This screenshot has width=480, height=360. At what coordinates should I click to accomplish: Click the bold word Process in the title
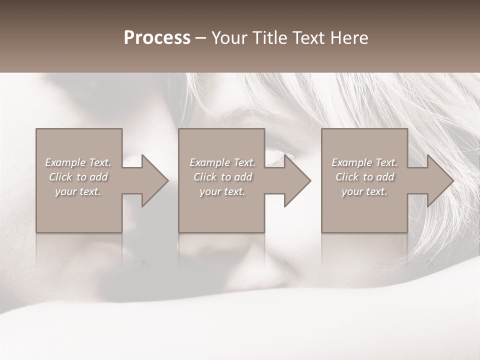pos(157,38)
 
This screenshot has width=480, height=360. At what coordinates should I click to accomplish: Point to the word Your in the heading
pos(229,38)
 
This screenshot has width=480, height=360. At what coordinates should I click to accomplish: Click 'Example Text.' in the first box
pos(78,162)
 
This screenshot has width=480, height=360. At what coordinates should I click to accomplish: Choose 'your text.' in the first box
pos(78,191)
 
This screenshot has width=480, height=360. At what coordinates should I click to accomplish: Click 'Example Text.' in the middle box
pos(222,162)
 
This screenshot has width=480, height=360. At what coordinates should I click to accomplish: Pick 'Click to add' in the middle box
pos(222,177)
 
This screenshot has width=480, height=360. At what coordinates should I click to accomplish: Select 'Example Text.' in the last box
pos(364,162)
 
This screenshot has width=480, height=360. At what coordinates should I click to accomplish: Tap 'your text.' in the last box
pos(364,191)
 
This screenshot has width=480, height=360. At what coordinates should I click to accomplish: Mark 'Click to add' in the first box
pos(78,177)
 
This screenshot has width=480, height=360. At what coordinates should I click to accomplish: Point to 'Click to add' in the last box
pos(364,177)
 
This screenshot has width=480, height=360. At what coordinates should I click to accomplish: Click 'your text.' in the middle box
pos(222,191)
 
